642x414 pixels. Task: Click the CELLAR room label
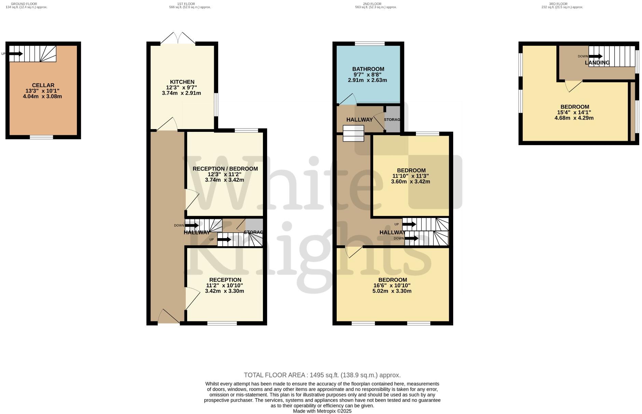click(43, 85)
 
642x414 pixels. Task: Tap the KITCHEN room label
click(182, 82)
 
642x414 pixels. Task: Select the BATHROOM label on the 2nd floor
click(368, 69)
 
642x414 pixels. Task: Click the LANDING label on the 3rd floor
click(597, 63)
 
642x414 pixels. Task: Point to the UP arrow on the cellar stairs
click(16, 54)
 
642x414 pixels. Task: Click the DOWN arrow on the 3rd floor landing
click(595, 56)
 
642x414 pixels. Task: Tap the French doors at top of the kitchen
click(178, 39)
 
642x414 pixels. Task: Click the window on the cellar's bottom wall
click(41, 137)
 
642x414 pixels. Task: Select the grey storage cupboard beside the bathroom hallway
click(392, 119)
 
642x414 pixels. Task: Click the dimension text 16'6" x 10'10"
click(392, 286)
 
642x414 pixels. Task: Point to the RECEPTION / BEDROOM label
click(225, 169)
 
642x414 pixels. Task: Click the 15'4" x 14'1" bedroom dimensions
click(574, 112)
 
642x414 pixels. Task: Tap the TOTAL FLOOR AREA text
click(322, 375)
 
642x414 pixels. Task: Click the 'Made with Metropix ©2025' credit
click(322, 411)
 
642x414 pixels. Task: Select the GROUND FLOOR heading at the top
click(24, 4)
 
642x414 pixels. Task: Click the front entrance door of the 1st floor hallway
click(169, 317)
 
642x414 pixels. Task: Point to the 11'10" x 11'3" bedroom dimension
click(410, 176)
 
